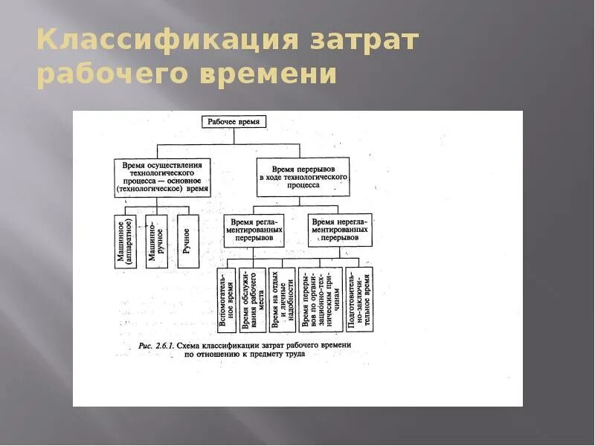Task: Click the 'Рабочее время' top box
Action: coord(234,121)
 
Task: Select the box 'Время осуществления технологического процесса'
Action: coord(162,177)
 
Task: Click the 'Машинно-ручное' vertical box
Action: coord(156,242)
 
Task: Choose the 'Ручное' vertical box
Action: coord(185,242)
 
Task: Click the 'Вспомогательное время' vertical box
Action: coord(227,299)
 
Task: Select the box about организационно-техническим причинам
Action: coord(321,299)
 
